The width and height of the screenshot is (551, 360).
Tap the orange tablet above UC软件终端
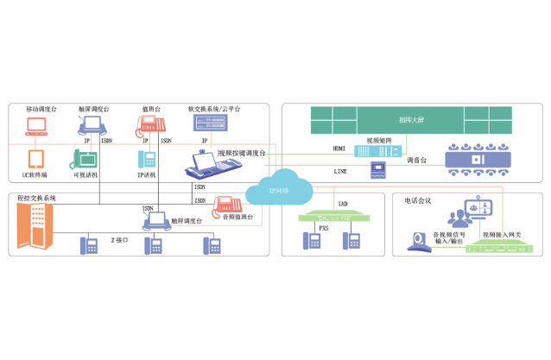coord(36,159)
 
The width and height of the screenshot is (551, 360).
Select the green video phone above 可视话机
coord(85,158)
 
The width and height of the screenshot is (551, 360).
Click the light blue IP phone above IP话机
coord(147,159)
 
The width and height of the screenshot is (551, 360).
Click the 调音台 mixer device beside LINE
coord(377,169)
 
